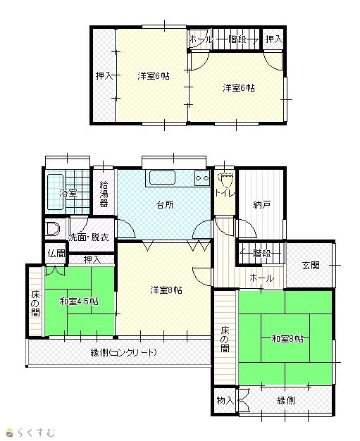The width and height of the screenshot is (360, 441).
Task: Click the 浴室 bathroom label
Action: coord(68,194)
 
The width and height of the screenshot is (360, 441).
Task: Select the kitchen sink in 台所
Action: coord(162,178)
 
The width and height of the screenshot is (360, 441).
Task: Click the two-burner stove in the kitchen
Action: coord(202,178)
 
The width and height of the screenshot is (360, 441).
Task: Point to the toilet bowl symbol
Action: coord(225,180)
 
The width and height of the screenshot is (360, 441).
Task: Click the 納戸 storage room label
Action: coord(262,204)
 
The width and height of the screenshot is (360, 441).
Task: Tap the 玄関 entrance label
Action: coord(311,265)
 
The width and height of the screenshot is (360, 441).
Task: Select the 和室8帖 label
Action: coord(287,338)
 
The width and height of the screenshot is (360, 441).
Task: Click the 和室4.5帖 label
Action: coord(79,302)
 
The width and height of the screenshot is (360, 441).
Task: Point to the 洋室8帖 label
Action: coord(166,290)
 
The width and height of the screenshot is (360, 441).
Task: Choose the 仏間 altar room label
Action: coord(56,254)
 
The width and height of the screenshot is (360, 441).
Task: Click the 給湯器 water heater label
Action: coord(104,194)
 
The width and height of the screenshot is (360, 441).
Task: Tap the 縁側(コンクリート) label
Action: coord(123,352)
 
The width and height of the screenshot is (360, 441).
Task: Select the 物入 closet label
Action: coord(225,400)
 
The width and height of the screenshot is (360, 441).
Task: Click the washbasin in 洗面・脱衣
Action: coord(53,229)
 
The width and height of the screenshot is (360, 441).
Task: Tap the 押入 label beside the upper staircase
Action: coord(273,39)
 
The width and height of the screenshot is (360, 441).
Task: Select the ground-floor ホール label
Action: coord(261,278)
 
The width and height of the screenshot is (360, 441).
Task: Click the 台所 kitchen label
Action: coord(165,204)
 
